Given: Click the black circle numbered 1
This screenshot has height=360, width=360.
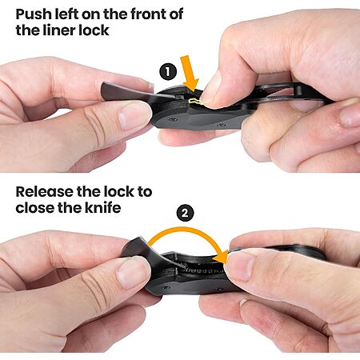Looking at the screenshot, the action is tap(168, 72).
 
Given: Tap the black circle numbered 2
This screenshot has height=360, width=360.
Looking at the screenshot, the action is tap(185, 213).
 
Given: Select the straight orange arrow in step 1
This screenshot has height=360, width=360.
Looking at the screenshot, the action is tap(190, 74).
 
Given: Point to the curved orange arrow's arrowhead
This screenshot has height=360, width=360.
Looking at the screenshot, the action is tap(220, 257).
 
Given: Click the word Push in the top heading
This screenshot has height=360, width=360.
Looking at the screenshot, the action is tap(34, 14).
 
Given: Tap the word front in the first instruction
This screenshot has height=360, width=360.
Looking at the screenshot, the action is tap(148, 14).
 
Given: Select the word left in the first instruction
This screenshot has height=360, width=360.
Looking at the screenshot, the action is tap(66, 14).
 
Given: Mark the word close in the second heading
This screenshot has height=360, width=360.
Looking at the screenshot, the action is tap(35, 208).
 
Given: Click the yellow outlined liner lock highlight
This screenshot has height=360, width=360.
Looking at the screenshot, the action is tap(195, 101).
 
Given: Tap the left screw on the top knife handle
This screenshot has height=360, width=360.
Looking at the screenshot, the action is tap(174, 119).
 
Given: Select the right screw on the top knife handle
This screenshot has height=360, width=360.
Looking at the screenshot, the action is tap(220, 124).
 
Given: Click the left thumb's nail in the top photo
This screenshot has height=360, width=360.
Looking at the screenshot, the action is tap(134, 114).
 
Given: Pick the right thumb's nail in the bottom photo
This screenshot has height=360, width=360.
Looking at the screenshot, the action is tap(239, 265).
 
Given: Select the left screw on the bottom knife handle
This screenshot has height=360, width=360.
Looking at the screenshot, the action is tap(166, 288).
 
